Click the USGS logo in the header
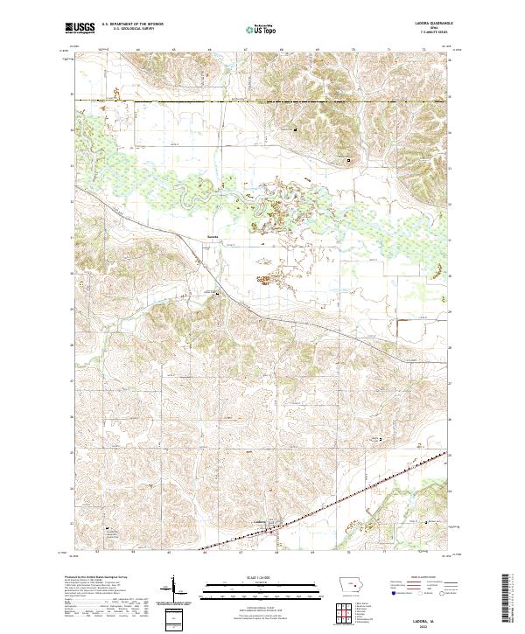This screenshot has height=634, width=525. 80,30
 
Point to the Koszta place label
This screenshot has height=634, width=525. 213,237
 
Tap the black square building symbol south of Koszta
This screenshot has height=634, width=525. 219,296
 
